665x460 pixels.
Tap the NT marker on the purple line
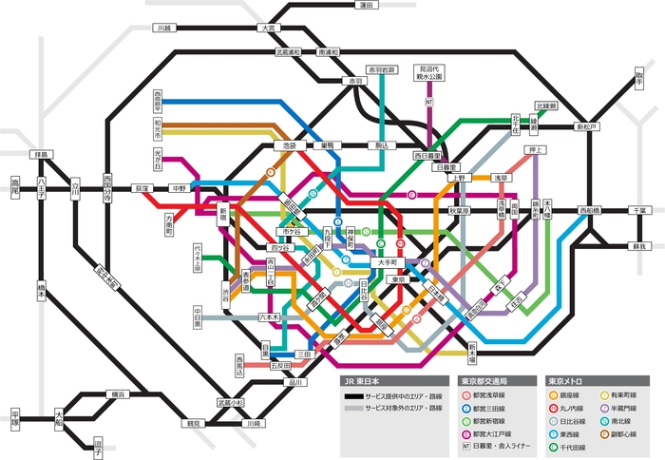click(x=429, y=101)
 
